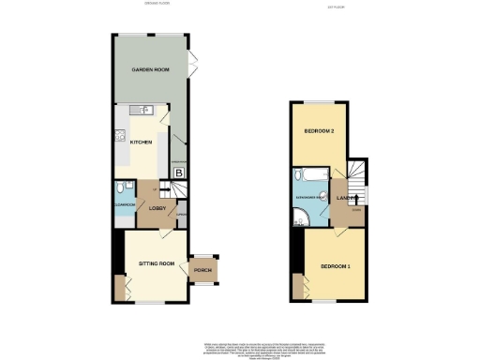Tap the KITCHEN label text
[x=141, y=142]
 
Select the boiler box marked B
[x=178, y=172]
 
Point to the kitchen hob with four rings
[x=120, y=137]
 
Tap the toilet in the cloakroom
[x=121, y=187]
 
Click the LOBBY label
[x=157, y=207]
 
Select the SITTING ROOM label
[x=157, y=264]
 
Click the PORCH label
[x=202, y=272]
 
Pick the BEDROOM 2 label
[x=319, y=131]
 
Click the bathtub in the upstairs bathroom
[x=308, y=175]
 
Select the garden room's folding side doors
[x=192, y=65]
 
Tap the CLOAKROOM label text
[x=125, y=203]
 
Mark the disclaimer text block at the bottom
[x=240, y=344]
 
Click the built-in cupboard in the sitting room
[x=119, y=288]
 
